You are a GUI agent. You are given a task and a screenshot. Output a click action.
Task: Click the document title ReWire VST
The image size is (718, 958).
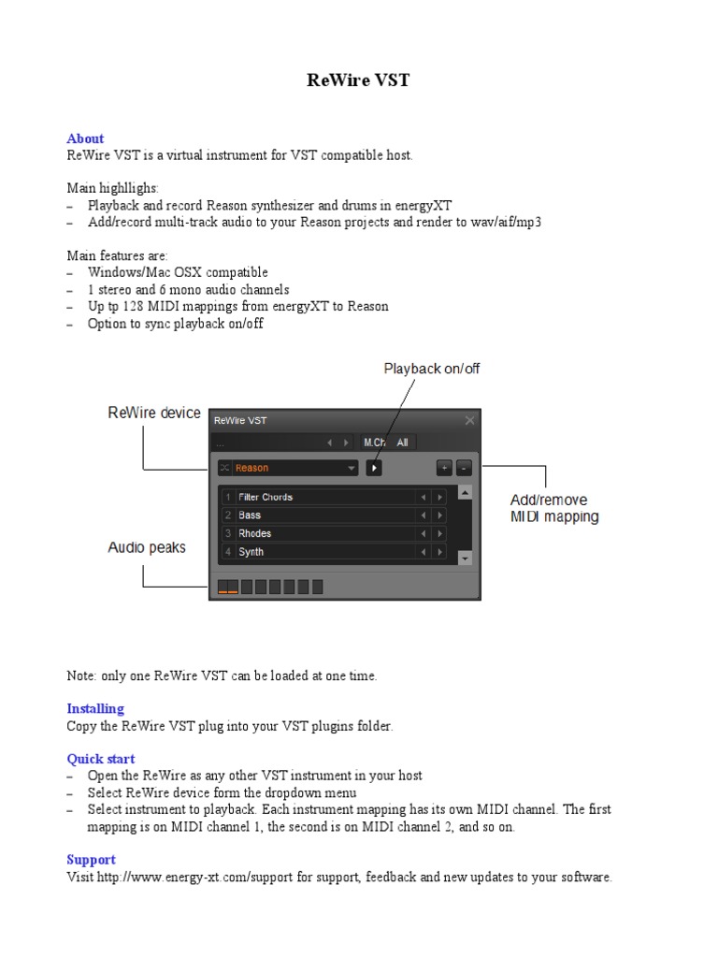pos(358,80)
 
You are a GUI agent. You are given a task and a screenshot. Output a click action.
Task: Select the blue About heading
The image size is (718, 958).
pos(85,138)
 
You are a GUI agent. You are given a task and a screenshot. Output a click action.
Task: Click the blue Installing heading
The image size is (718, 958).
pos(95,708)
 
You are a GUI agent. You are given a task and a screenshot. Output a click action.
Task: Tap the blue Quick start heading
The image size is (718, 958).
pos(101,759)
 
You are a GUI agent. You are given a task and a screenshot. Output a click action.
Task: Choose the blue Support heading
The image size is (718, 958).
pos(91,860)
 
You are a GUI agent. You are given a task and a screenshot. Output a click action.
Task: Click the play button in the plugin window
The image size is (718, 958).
pos(374,468)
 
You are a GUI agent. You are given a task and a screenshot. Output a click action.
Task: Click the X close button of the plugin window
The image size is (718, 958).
pos(469,421)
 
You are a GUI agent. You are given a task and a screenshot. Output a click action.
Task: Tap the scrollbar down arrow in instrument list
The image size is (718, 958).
pos(465,558)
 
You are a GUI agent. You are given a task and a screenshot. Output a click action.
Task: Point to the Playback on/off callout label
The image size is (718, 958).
pos(431,369)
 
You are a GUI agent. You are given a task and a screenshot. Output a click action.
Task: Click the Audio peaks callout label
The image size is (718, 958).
pos(147,547)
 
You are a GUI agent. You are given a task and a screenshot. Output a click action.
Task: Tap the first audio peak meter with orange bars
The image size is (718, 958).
pos(228,587)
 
